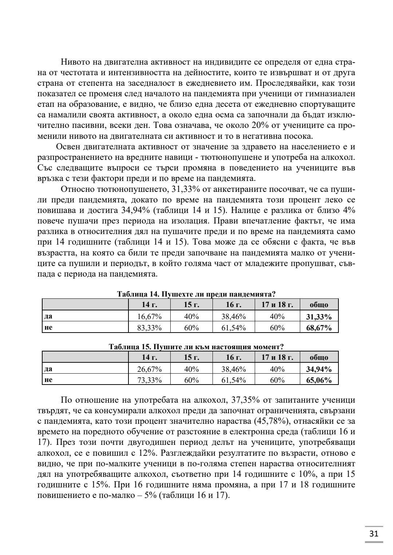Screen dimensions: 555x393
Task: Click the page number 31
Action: coord(374,534)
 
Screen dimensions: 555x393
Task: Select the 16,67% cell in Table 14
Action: coord(149,316)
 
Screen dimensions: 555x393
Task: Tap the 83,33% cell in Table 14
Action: coord(149,328)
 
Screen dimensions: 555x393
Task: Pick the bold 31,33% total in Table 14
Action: coord(319,316)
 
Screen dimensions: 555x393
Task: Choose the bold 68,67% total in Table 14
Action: coord(319,328)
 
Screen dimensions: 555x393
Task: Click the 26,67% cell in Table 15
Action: coord(149,369)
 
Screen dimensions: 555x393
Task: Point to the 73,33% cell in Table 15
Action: coord(149,380)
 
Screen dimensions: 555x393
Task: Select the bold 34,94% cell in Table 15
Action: coord(319,369)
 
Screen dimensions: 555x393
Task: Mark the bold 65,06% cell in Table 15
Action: coord(319,380)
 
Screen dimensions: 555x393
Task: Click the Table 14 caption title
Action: coord(196,294)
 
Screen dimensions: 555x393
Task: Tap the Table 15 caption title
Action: coord(196,347)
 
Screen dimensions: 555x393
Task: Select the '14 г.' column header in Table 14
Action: coord(149,305)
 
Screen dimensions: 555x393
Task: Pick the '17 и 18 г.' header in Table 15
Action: coord(277,357)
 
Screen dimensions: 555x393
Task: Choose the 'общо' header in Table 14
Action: coord(319,305)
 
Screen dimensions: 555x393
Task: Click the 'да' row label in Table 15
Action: coord(48,369)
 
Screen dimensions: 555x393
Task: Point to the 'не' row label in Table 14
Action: coord(48,327)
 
